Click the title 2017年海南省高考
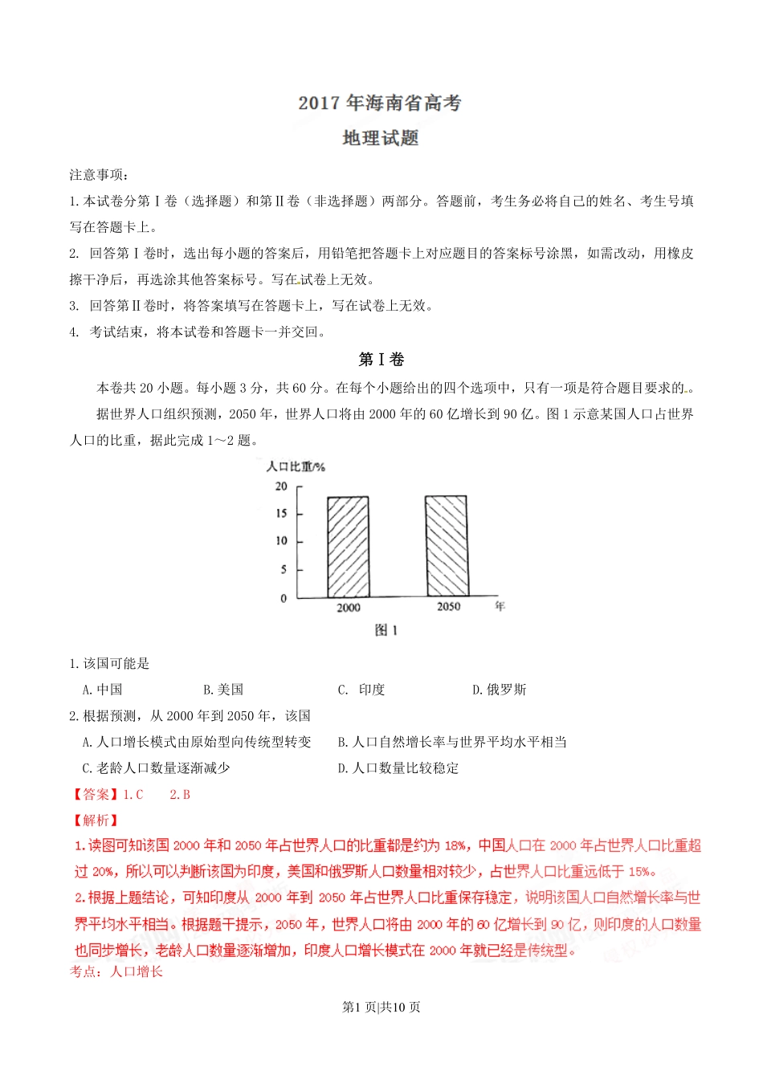(380, 103)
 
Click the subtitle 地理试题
(381, 138)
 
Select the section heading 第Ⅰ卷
(381, 360)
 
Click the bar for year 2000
(348, 547)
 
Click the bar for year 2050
(446, 546)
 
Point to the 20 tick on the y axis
(281, 487)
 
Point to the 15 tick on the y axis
(281, 514)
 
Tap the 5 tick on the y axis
(284, 570)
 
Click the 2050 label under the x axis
(448, 607)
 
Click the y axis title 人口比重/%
(296, 466)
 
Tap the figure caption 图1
(386, 630)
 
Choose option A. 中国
(103, 690)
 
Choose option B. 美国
(223, 690)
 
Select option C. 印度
(361, 690)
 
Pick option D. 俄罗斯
(499, 690)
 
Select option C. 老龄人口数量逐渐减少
(157, 768)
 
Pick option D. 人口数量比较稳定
(398, 768)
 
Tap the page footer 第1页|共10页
(381, 1008)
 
